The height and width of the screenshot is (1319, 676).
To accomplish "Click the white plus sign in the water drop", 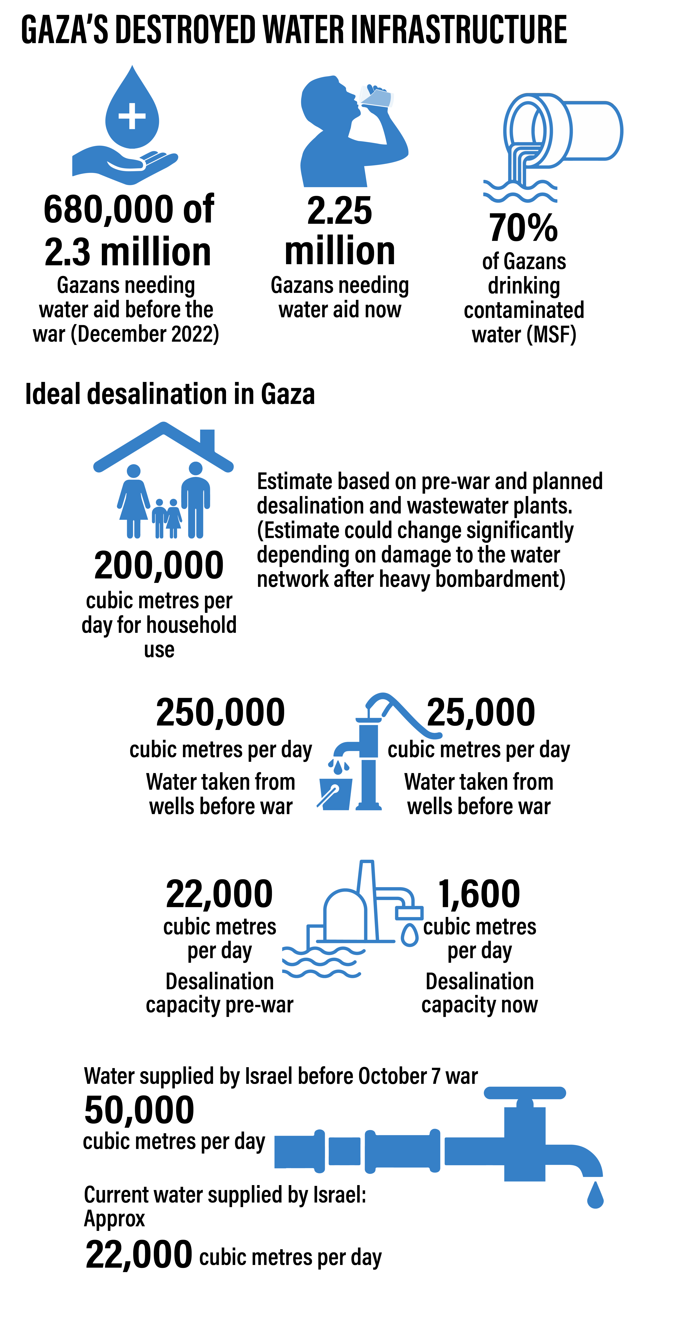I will point(132,116).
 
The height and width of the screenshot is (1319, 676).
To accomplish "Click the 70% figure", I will point(523,228).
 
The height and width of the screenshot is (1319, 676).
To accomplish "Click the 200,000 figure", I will point(159,565).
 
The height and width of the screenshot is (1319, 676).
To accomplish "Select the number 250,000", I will point(220,712).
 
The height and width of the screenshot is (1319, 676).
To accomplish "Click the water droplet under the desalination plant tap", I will point(409,935).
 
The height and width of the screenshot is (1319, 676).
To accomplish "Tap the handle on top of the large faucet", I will point(524,1093).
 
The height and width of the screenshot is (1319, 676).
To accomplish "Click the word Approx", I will point(115,1219).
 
